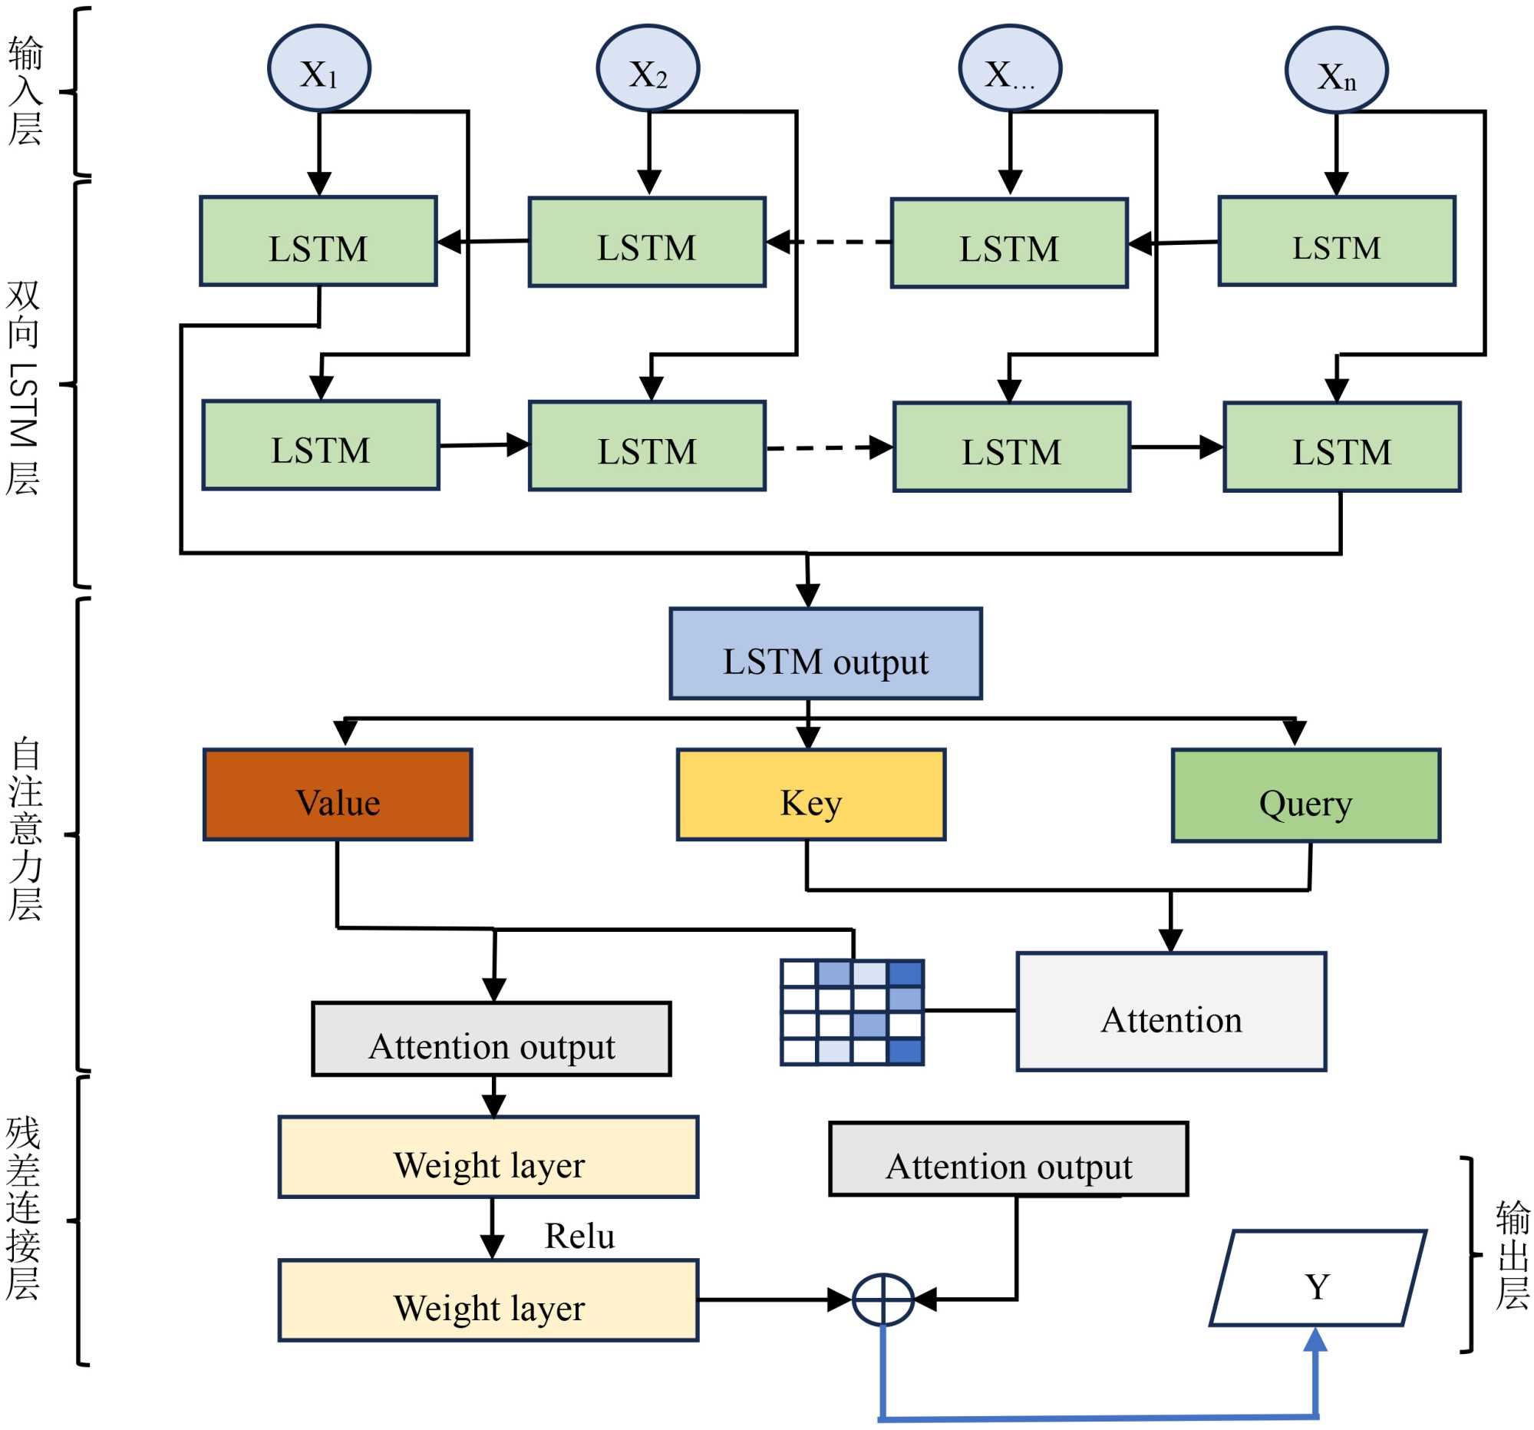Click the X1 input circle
318,68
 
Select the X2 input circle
648,68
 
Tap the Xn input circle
1336,71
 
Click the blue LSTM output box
825,654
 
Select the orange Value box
337,794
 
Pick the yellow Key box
810,794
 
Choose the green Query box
1305,795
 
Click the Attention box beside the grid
1170,1011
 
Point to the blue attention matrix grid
852,1012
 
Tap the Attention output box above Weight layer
491,1039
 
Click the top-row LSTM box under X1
318,242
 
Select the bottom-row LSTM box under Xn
1341,447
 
